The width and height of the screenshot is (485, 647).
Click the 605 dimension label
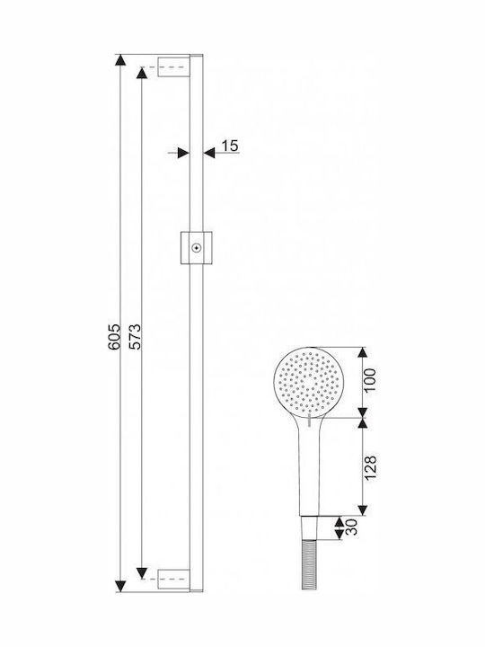coord(114,337)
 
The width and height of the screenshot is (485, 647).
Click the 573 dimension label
coord(135,337)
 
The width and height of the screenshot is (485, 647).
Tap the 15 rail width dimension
coord(230,146)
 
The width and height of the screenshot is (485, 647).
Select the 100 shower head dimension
coord(370,380)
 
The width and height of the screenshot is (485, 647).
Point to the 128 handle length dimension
coord(370,467)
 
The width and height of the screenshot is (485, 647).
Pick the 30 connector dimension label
coord(351,527)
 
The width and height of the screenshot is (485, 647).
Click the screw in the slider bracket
coord(197,248)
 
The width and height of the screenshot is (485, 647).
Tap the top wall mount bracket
coord(174,66)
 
